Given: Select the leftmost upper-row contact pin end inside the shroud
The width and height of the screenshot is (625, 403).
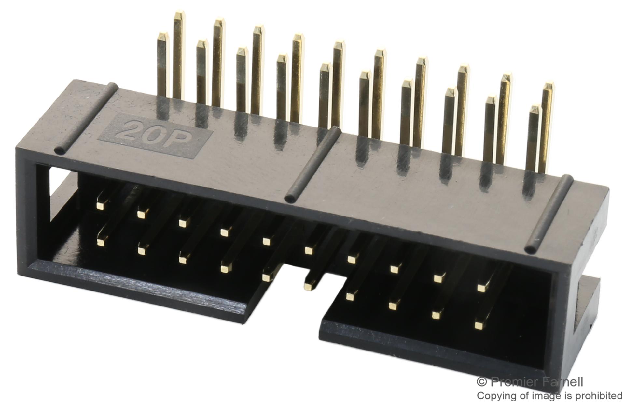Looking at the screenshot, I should pos(101,205).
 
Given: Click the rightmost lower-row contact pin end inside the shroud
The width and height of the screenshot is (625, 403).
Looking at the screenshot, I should pos(479,325).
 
